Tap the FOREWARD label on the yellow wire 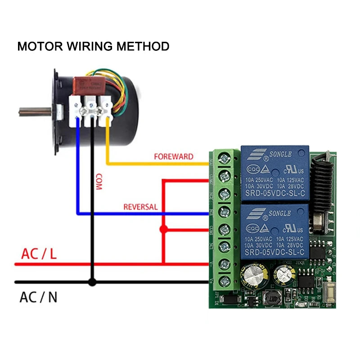(173, 157)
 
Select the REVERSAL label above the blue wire (140, 207)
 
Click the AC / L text (39, 254)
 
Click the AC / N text (38, 297)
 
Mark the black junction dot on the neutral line (92, 282)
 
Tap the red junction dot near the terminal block (163, 229)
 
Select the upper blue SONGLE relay (275, 173)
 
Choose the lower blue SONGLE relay (275, 231)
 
